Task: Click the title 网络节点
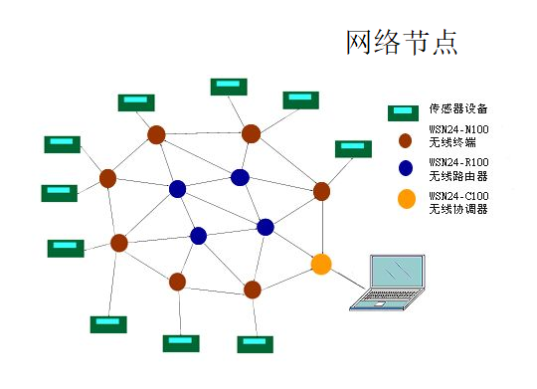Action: pos(401,43)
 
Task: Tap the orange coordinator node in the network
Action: pos(320,264)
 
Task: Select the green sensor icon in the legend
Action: pos(405,110)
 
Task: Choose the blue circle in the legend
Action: pos(405,168)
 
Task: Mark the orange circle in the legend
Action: pos(405,199)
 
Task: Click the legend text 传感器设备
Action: pos(457,109)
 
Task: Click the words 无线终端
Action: pos(450,144)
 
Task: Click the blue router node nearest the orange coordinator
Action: pos(266,227)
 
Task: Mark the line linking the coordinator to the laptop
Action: pos(340,280)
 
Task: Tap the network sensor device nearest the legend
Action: pos(352,148)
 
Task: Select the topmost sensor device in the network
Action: pos(229,86)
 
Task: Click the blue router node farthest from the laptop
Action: pos(177,189)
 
